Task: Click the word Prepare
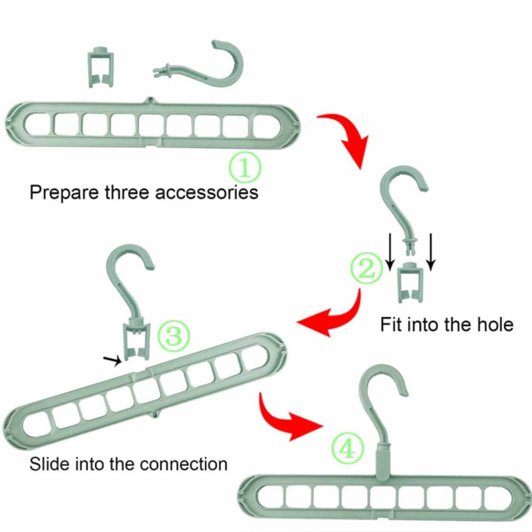pos(64,193)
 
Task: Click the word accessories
pos(206,192)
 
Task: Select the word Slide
pos(49,463)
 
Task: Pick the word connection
pos(183,463)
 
